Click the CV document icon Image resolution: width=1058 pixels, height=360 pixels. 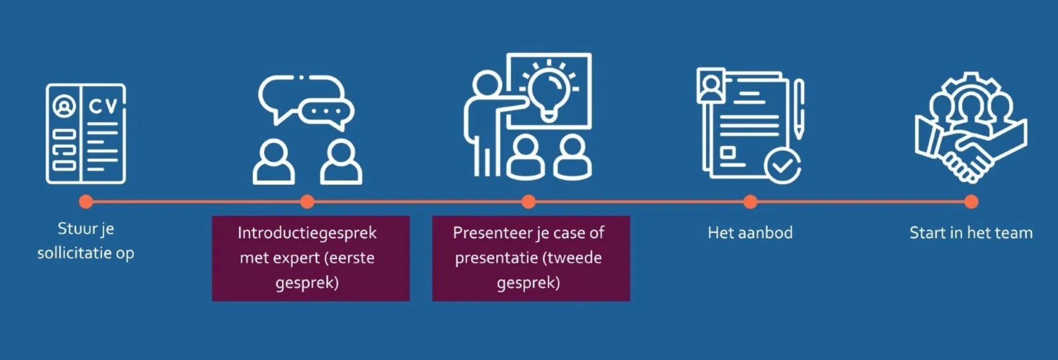click(85, 133)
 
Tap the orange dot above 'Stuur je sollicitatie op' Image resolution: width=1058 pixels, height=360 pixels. click(85, 202)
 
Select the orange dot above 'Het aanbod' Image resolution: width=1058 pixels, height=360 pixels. click(750, 202)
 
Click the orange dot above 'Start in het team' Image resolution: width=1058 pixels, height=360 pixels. click(971, 202)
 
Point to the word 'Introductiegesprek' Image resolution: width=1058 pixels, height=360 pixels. click(307, 233)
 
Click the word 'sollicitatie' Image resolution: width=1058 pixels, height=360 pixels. click(74, 253)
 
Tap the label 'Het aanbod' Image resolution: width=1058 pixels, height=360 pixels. click(750, 233)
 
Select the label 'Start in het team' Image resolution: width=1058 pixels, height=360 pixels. click(971, 233)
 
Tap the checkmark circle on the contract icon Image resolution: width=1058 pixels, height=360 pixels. click(782, 166)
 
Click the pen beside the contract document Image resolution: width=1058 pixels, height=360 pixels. click(799, 108)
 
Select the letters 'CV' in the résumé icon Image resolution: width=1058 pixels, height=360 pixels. click(103, 105)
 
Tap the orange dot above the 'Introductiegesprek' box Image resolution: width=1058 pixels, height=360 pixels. click(307, 202)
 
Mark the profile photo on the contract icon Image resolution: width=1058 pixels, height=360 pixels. click(711, 85)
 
